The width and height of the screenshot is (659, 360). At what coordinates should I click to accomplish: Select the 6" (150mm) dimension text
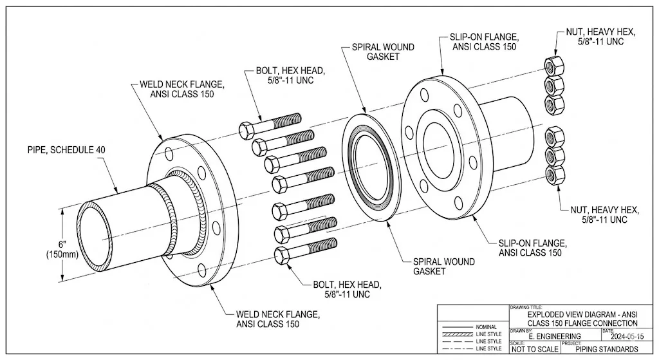[x=62, y=249]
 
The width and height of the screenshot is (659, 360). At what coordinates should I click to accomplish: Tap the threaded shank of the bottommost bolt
[x=315, y=247]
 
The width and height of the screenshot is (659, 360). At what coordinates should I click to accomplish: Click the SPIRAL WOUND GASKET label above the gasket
[x=383, y=52]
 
